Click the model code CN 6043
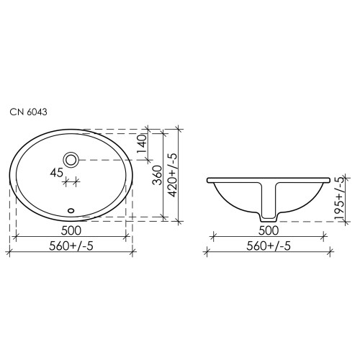pyautogui.click(x=28, y=112)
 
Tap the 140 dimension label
pyautogui.click(x=142, y=145)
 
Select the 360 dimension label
pyautogui.click(x=158, y=175)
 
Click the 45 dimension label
pyautogui.click(x=57, y=173)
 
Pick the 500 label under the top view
pyautogui.click(x=71, y=230)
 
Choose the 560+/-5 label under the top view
pyautogui.click(x=71, y=246)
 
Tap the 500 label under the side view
pyautogui.click(x=269, y=230)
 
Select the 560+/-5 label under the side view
pyautogui.click(x=269, y=246)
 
